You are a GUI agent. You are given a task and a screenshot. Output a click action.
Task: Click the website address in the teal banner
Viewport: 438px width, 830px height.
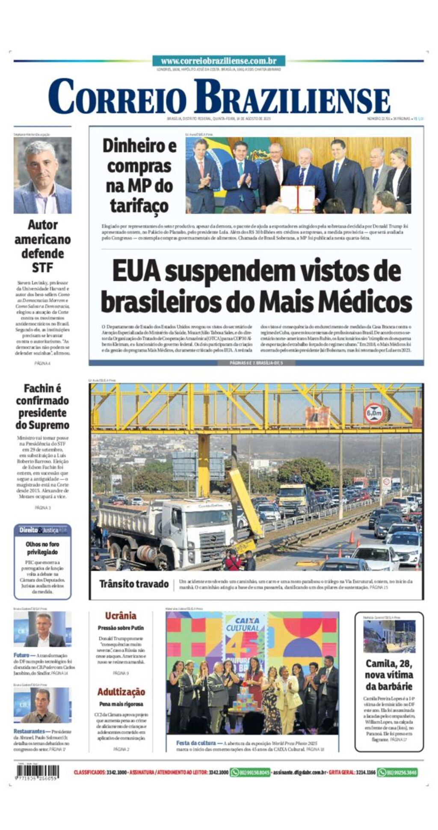(x=219, y=61)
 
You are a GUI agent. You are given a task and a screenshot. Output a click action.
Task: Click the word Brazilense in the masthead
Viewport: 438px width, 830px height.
(x=292, y=97)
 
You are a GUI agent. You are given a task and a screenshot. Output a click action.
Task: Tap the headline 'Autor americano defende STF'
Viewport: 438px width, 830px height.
(x=42, y=245)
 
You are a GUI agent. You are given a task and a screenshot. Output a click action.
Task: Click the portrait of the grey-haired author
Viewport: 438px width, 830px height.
(x=42, y=176)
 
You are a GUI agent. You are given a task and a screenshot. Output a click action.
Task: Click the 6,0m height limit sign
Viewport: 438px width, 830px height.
(x=373, y=413)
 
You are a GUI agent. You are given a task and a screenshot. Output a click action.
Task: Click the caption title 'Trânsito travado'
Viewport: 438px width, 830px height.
(x=134, y=584)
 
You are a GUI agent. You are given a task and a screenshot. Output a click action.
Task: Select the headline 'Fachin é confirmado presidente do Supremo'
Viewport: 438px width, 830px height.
(x=42, y=406)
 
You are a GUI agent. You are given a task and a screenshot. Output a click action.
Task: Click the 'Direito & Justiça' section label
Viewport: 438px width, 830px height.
(x=42, y=530)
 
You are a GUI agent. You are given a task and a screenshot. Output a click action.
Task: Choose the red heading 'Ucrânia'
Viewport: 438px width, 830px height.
(x=121, y=615)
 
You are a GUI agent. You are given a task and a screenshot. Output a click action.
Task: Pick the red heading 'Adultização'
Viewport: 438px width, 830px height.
(x=121, y=692)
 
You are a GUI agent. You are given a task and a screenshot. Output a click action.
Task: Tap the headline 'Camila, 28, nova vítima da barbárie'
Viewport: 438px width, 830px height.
(x=389, y=675)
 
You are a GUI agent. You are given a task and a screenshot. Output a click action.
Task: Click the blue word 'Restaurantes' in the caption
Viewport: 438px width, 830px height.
(x=29, y=731)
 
